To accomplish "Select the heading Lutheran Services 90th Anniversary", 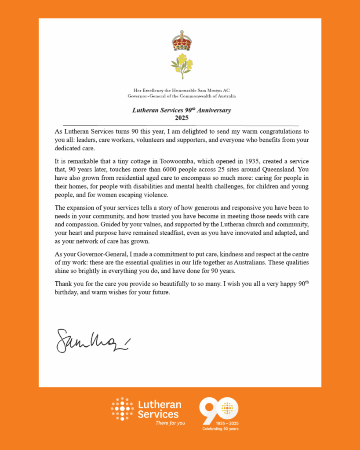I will (x=181, y=110).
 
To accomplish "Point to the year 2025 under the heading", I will (x=182, y=117).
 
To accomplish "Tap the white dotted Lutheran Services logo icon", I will (x=122, y=409).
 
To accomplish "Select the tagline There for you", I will (x=170, y=423).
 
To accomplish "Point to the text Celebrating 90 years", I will (x=220, y=428).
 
